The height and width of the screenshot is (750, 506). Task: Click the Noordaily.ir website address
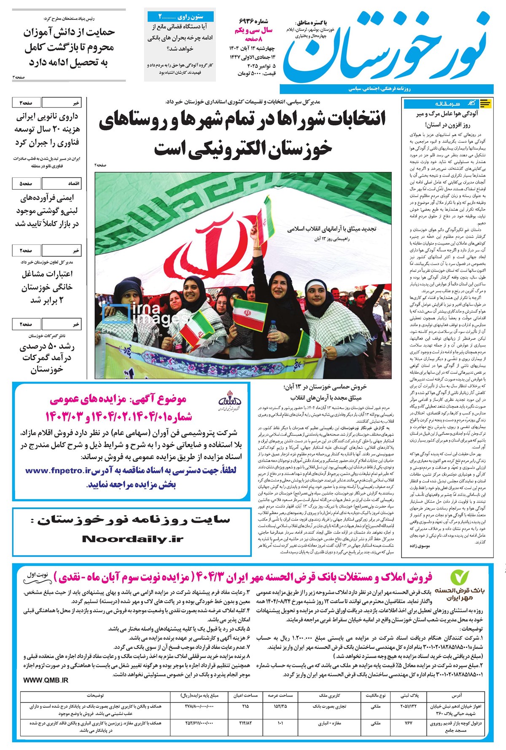pyautogui.click(x=133, y=539)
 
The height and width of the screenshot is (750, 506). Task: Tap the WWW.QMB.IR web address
pyautogui.click(x=46, y=680)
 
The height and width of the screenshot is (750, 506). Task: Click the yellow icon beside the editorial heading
pyautogui.click(x=485, y=103)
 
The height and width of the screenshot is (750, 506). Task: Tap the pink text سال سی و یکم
pyautogui.click(x=253, y=30)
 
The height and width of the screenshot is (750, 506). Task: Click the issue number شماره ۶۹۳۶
pyautogui.click(x=253, y=21)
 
